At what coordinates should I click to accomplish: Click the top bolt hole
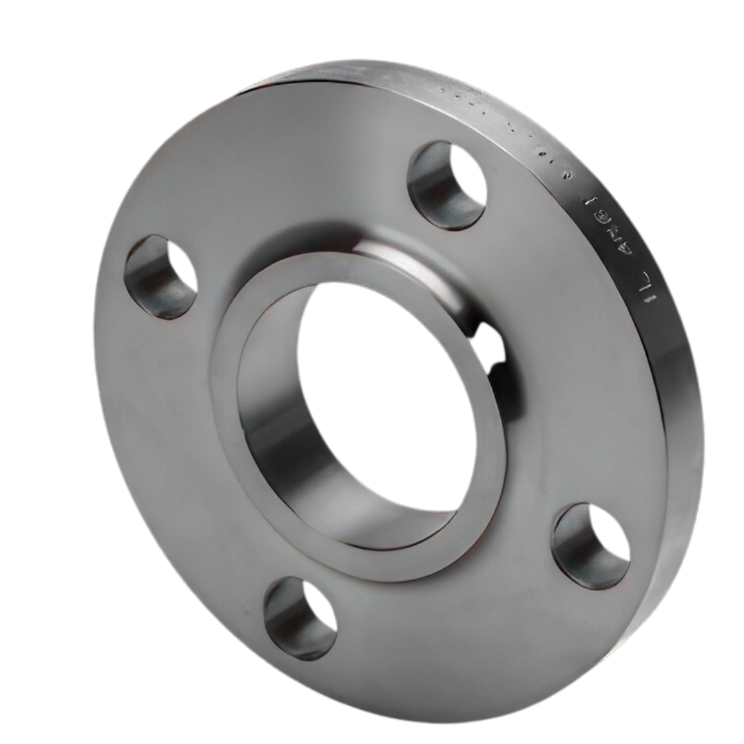coord(446,185)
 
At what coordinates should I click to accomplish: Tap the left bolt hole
coord(160,276)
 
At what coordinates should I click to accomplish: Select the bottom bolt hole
coord(300,617)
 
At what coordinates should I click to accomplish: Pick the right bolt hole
coord(591,546)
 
